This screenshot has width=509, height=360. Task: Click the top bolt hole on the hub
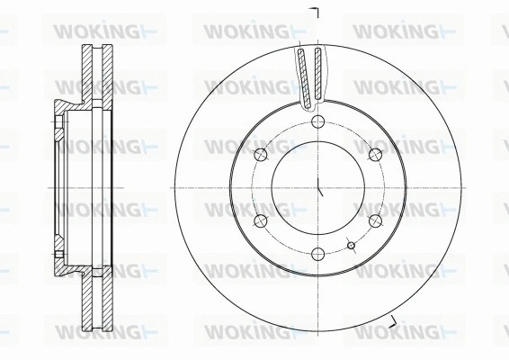click(x=318, y=121)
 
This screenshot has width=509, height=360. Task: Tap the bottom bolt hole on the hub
click(x=318, y=255)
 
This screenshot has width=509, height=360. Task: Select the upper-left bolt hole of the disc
click(x=261, y=154)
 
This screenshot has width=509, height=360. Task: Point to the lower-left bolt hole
click(x=261, y=220)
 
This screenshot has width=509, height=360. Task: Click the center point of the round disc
click(x=318, y=187)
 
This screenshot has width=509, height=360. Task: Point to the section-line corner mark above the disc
click(x=316, y=11)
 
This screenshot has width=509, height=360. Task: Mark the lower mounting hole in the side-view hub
click(x=58, y=257)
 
